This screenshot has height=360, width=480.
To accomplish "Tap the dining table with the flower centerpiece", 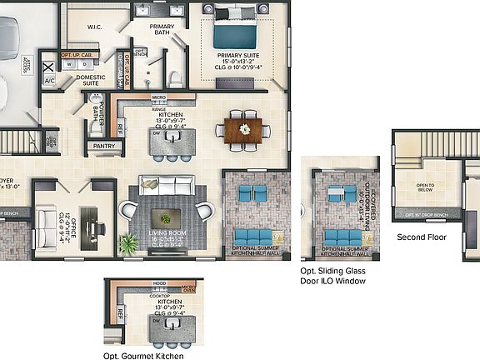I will coord(243,129).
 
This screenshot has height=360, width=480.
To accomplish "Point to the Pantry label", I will coord(104,146).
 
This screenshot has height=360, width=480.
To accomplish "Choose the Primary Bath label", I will coord(162,30).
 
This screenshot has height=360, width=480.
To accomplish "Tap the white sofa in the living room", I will coord(167,187).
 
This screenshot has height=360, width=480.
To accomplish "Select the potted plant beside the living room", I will coord(129,243).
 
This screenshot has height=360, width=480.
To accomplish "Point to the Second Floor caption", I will coord(422,237).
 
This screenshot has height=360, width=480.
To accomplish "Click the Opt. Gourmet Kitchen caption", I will coord(143,356).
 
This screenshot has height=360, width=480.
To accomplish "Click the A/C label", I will coord(49,82).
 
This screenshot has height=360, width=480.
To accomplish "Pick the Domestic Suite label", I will coord(91,81).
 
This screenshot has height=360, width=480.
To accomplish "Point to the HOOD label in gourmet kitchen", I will coord(158,283).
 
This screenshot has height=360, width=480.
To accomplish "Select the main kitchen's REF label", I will coord(120,129).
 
